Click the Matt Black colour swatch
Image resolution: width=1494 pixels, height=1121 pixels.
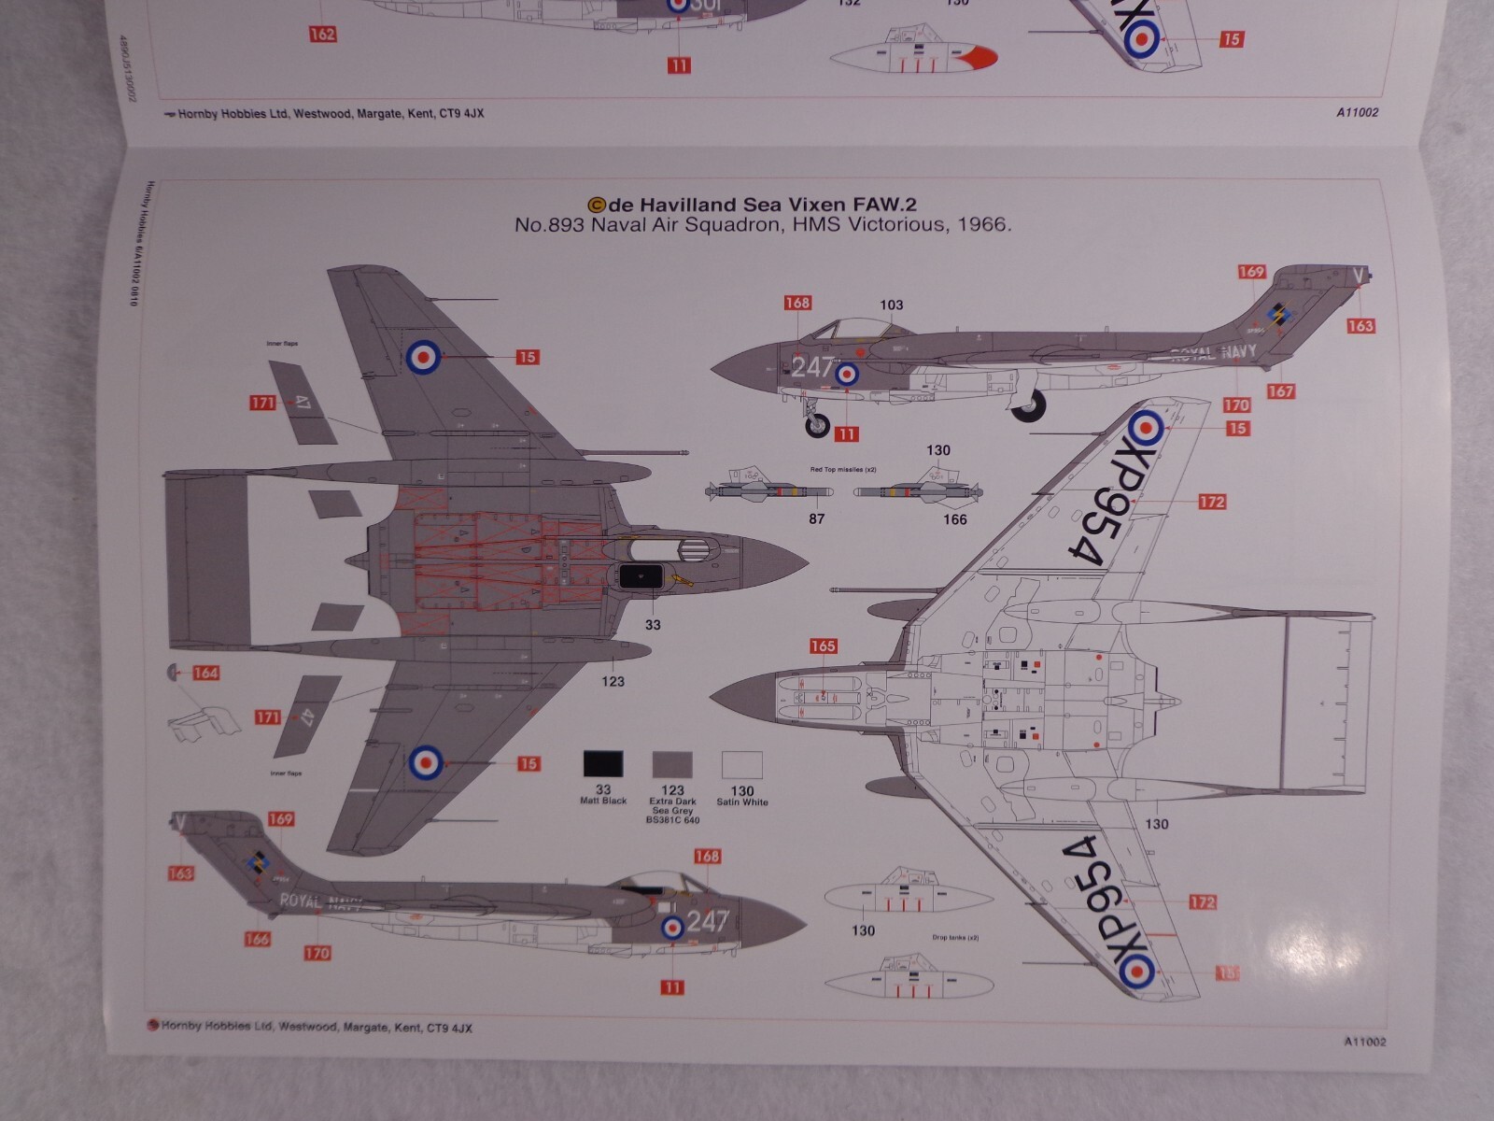(603, 764)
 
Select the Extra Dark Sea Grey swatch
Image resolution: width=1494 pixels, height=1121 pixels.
(672, 764)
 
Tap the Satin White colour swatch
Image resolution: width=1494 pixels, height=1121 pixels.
(742, 765)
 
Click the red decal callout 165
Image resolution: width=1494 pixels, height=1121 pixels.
(823, 646)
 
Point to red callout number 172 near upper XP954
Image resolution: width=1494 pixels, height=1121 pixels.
(1211, 502)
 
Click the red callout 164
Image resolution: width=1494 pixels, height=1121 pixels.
(205, 673)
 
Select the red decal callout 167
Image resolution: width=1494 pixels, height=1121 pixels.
(1280, 391)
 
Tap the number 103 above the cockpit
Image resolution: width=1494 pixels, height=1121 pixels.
(892, 305)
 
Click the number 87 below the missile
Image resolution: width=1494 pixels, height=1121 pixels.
(817, 518)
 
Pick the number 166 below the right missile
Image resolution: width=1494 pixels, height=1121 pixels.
(954, 519)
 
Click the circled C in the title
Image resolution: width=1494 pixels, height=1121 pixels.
(596, 205)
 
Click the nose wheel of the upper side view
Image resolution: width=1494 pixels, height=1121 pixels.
(818, 426)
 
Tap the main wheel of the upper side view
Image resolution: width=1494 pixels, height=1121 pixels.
(1030, 404)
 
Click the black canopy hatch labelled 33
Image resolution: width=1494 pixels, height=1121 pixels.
(641, 577)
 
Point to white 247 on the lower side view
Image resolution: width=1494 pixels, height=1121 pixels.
(707, 922)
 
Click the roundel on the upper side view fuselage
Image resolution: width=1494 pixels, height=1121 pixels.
(847, 375)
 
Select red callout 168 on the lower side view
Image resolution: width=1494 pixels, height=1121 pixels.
(707, 857)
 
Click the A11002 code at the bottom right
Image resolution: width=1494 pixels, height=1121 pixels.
(1365, 1042)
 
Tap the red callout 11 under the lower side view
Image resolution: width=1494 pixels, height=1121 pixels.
(671, 987)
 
